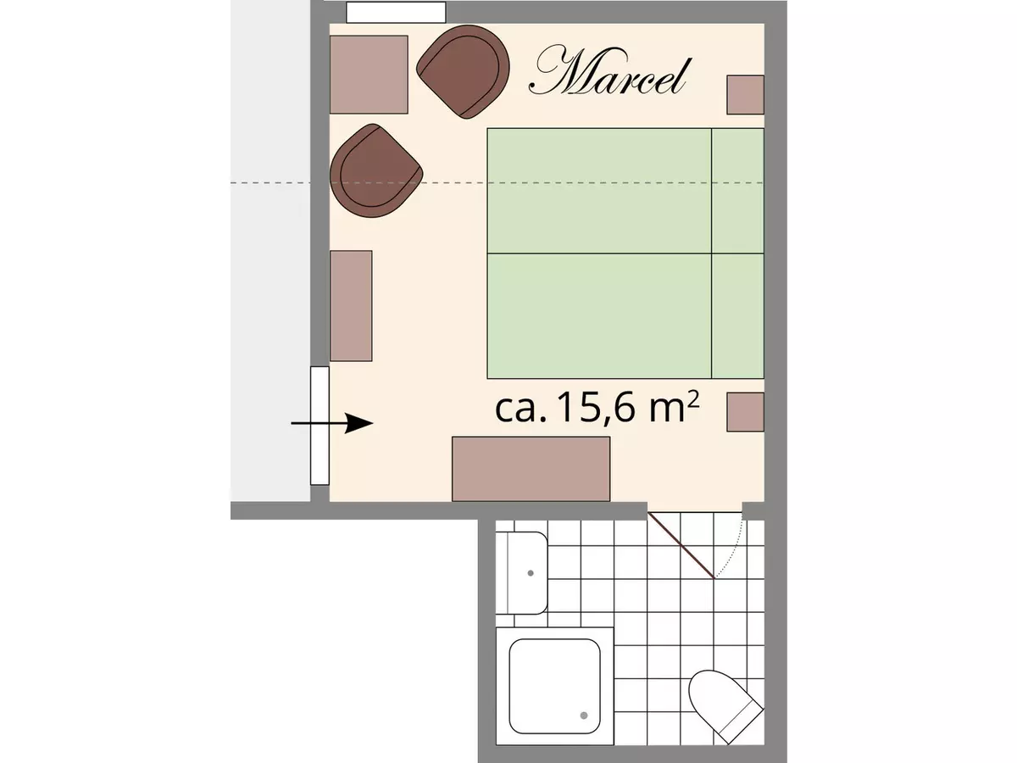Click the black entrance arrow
tap(332, 423)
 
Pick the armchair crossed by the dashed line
tap(375, 171)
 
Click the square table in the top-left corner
tap(369, 75)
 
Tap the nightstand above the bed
tap(746, 95)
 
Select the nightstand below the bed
tap(746, 412)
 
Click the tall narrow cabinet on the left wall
tap(351, 305)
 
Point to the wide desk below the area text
tap(531, 468)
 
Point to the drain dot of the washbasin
tap(531, 572)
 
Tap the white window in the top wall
tap(396, 12)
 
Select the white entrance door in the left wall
tap(320, 425)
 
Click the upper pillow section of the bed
tap(737, 190)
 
